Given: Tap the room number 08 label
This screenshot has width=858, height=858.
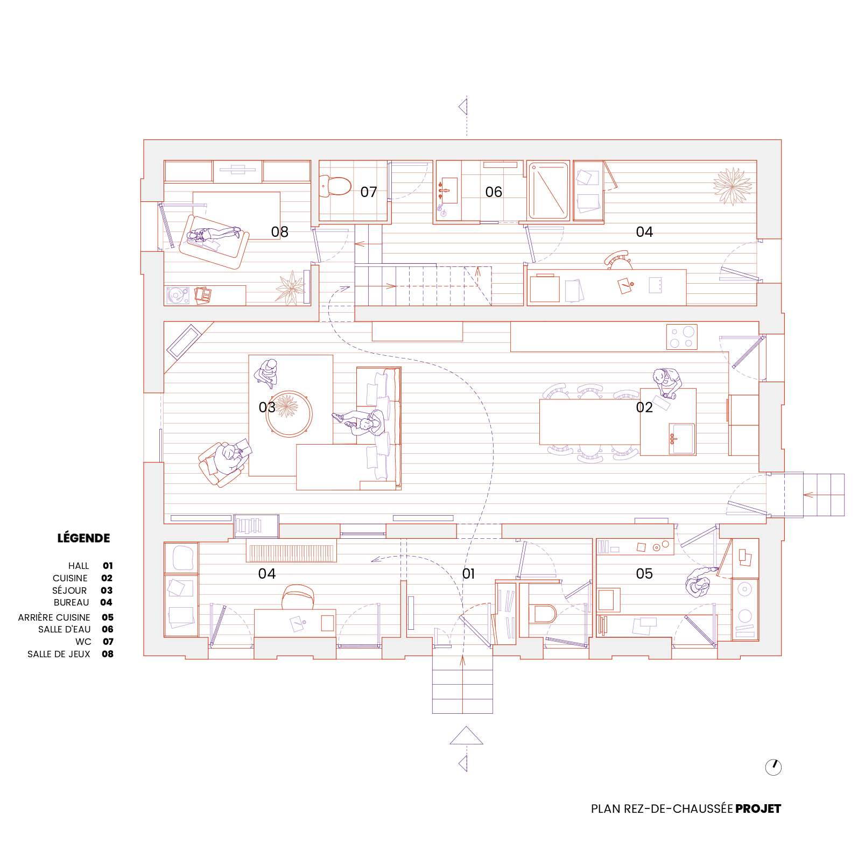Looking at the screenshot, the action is coord(279,231).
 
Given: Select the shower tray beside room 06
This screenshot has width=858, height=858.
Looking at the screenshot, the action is coord(548,191).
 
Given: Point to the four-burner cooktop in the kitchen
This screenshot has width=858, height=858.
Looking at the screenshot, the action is coord(682,337).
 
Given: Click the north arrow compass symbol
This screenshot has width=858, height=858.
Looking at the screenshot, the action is coord(773,767).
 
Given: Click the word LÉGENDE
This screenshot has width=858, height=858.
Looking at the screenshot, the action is coord(83,538).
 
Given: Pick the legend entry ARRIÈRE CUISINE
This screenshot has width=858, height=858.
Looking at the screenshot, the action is coord(54,617).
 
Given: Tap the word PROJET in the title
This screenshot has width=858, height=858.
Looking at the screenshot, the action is coord(758,808).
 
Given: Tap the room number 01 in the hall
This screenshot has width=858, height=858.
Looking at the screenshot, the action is coord(468,574).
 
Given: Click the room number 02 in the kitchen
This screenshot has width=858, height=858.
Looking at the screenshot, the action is coord(644,407).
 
